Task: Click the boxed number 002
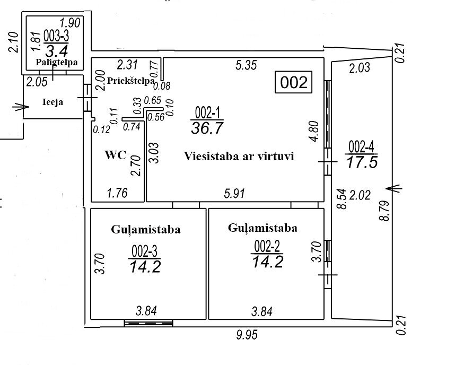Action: [294, 82]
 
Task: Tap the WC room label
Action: [116, 154]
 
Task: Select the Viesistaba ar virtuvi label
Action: [239, 156]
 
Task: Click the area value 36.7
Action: [207, 128]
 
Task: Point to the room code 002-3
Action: [144, 251]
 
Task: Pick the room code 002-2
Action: [267, 246]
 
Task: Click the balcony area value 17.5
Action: [362, 162]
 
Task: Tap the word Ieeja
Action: [52, 102]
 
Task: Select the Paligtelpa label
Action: [57, 63]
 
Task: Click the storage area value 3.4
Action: [57, 50]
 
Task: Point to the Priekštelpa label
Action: [130, 81]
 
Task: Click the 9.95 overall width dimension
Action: [247, 335]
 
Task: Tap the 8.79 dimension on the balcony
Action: [384, 211]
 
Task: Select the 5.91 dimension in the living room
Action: [234, 193]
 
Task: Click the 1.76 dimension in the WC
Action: [117, 193]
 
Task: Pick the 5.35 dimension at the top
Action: [246, 65]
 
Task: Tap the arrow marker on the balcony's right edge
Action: [394, 188]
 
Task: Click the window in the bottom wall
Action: [148, 323]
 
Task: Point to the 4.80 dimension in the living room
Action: [314, 131]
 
